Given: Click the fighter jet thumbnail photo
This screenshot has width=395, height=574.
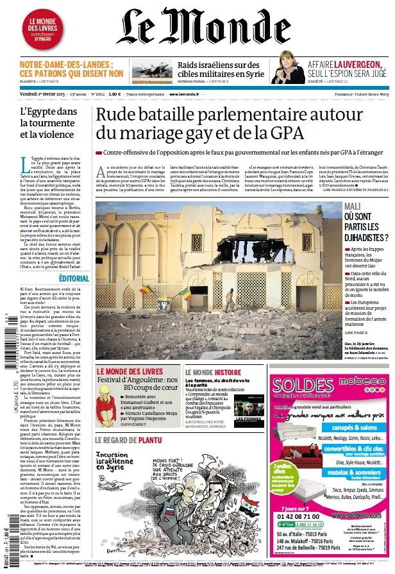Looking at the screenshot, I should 151,71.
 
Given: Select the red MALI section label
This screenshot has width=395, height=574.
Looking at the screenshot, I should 352,206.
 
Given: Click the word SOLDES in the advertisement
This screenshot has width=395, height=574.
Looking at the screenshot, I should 299,387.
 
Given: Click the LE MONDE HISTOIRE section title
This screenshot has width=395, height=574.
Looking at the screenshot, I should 213,372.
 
